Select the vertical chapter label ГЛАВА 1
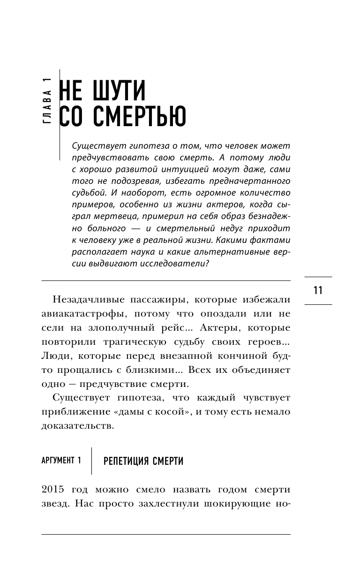tap(46, 100)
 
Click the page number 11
tap(318, 290)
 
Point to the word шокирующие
tap(238, 504)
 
